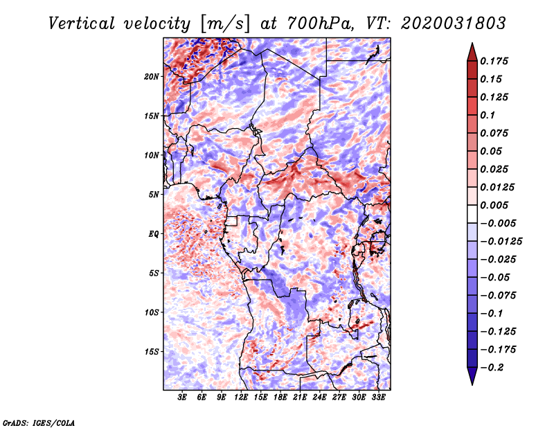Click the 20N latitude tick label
click(x=152, y=77)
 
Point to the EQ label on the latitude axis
click(x=153, y=234)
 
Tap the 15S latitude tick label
click(x=152, y=352)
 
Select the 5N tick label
click(x=154, y=195)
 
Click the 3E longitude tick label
click(x=182, y=397)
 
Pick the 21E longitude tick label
click(x=300, y=397)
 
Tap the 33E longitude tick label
click(x=378, y=397)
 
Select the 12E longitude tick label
click(x=241, y=397)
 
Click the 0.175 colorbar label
click(x=494, y=61)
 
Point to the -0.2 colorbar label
click(x=492, y=368)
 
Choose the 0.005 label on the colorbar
click(x=494, y=205)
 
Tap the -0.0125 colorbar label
click(x=501, y=242)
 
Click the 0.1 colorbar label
click(x=488, y=115)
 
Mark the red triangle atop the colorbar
click(x=472, y=52)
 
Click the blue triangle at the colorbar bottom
click(x=472, y=376)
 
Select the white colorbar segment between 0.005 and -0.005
click(x=472, y=214)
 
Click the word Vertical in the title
click(x=82, y=24)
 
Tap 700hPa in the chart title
click(x=321, y=24)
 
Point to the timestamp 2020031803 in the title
click(x=454, y=24)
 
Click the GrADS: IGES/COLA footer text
click(x=39, y=422)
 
